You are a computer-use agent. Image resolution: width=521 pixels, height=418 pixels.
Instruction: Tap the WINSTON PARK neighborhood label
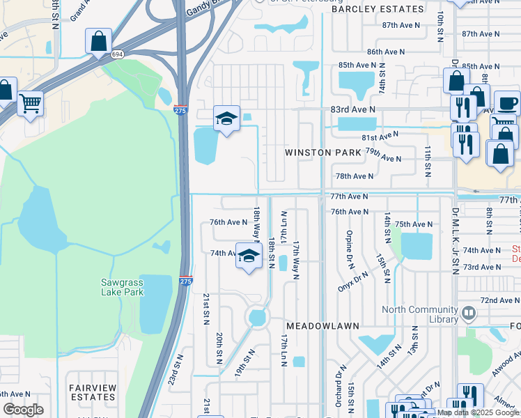[x=323, y=152]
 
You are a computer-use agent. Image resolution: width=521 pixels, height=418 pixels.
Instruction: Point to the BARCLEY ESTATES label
[x=377, y=9]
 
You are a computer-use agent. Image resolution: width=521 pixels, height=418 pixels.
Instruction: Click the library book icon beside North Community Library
[x=467, y=314]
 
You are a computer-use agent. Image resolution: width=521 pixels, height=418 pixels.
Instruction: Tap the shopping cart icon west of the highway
[x=30, y=104]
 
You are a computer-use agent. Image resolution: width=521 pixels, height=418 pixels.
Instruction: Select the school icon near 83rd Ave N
[x=226, y=118]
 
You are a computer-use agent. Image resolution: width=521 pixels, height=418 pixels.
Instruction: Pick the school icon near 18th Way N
[x=248, y=256]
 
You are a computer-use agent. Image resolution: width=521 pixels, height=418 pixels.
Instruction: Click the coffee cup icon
[x=506, y=104]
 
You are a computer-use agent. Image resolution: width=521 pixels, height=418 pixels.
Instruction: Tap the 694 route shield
[x=118, y=54]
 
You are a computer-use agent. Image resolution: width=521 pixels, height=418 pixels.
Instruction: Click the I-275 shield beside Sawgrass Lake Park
[x=185, y=281]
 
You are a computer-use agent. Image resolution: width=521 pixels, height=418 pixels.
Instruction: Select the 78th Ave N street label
[x=355, y=177]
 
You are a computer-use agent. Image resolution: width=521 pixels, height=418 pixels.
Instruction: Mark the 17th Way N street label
[x=297, y=260]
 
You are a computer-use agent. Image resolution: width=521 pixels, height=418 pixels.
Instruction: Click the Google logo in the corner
[x=23, y=410]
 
